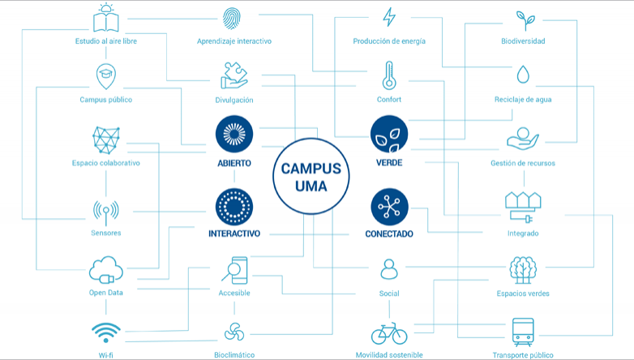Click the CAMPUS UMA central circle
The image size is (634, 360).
point(311,177)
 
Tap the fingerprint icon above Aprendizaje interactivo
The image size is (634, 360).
point(231,19)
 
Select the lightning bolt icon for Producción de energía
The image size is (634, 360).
point(389,17)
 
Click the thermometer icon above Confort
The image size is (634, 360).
point(389,75)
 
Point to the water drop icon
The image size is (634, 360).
point(523,75)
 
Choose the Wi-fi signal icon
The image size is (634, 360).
point(106,332)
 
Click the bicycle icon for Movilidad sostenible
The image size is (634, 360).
point(389,333)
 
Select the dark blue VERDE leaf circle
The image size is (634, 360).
point(389,135)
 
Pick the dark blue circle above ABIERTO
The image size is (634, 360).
point(234,135)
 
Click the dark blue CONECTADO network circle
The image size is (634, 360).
point(389,207)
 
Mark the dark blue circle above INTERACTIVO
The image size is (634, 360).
point(234,207)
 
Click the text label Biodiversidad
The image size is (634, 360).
point(523,41)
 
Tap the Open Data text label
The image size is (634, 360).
point(106,293)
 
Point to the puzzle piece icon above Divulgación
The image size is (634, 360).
point(234,75)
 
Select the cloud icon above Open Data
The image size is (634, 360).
point(106,270)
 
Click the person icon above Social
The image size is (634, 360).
point(389,269)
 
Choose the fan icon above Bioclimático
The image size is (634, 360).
point(234,332)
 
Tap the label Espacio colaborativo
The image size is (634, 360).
point(106,163)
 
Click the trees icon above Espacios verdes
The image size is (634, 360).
point(523,270)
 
